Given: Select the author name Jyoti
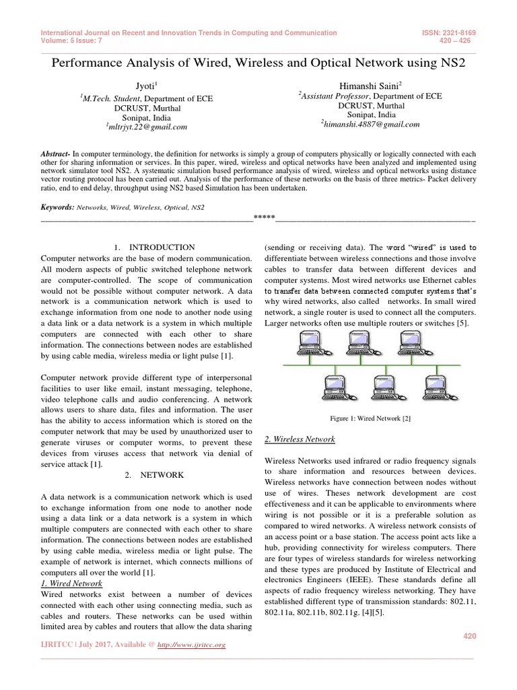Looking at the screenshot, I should click(x=145, y=86).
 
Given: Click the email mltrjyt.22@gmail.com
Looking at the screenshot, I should click(x=146, y=126).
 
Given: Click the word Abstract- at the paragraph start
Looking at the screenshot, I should click(x=59, y=154).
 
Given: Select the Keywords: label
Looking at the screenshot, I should click(x=57, y=208).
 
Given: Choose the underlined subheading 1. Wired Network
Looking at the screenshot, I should click(x=72, y=583).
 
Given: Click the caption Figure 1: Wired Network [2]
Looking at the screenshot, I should click(x=370, y=418).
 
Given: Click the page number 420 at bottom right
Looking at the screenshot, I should click(x=469, y=635).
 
